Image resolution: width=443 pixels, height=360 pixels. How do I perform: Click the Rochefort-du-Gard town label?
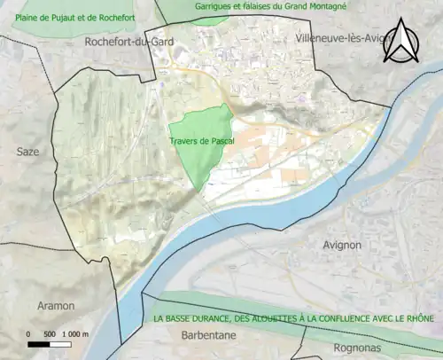pos(129,42)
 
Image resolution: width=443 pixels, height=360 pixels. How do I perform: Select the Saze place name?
pos(28,152)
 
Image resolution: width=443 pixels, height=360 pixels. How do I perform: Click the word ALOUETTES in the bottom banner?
pos(285,319)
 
